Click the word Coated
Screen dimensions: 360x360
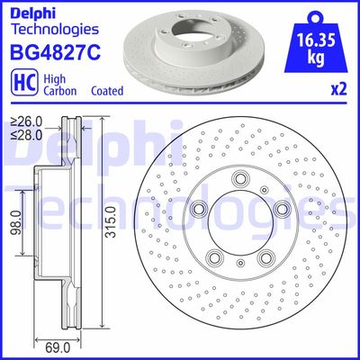click(108, 91)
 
